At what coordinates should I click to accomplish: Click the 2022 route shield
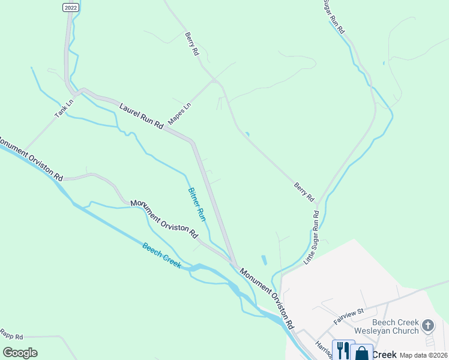[70, 7]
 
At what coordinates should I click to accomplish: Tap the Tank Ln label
[64, 107]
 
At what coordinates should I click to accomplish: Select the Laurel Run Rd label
[141, 116]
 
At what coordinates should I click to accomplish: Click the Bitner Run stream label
[197, 205]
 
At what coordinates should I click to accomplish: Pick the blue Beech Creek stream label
[161, 256]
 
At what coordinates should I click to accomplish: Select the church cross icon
[427, 326]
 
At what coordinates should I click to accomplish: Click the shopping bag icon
[363, 352]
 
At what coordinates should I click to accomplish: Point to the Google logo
[20, 353]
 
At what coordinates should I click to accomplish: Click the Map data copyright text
[423, 355]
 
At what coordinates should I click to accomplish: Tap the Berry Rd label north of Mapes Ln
[191, 44]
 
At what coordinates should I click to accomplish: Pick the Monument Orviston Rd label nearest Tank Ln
[31, 158]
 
